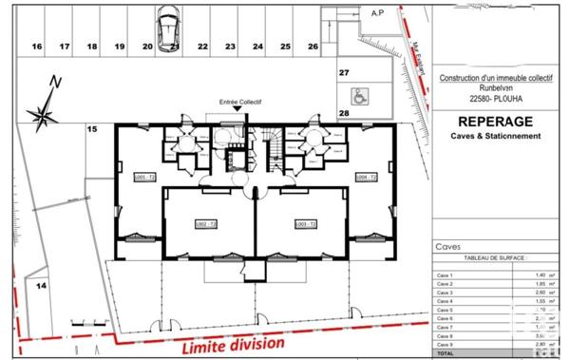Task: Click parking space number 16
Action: click(x=37, y=46)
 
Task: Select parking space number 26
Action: click(x=313, y=46)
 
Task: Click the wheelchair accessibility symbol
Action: click(x=360, y=95)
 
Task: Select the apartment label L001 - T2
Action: click(x=144, y=178)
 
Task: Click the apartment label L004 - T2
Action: click(x=367, y=178)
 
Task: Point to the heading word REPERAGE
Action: click(x=495, y=122)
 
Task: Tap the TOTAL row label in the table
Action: click(x=446, y=352)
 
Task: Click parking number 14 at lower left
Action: click(x=41, y=284)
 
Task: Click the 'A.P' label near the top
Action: click(x=376, y=12)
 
